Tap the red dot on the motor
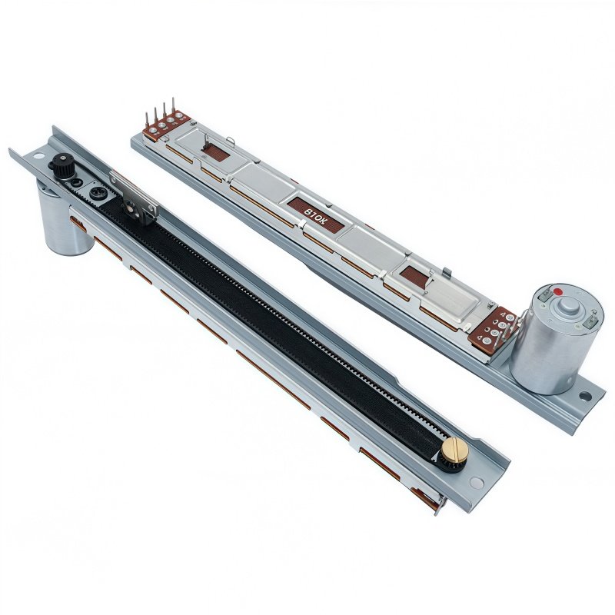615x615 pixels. pyautogui.click(x=558, y=291)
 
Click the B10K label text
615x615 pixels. pyautogui.click(x=316, y=216)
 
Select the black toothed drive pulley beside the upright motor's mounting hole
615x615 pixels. pyautogui.click(x=63, y=165)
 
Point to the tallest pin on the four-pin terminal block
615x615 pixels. pyautogui.click(x=173, y=106)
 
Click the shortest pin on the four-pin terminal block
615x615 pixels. pyautogui.click(x=147, y=119)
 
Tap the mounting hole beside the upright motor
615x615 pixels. pyautogui.click(x=585, y=396)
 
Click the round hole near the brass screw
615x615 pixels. pyautogui.click(x=477, y=483)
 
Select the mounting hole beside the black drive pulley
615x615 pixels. pyautogui.click(x=39, y=156)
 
